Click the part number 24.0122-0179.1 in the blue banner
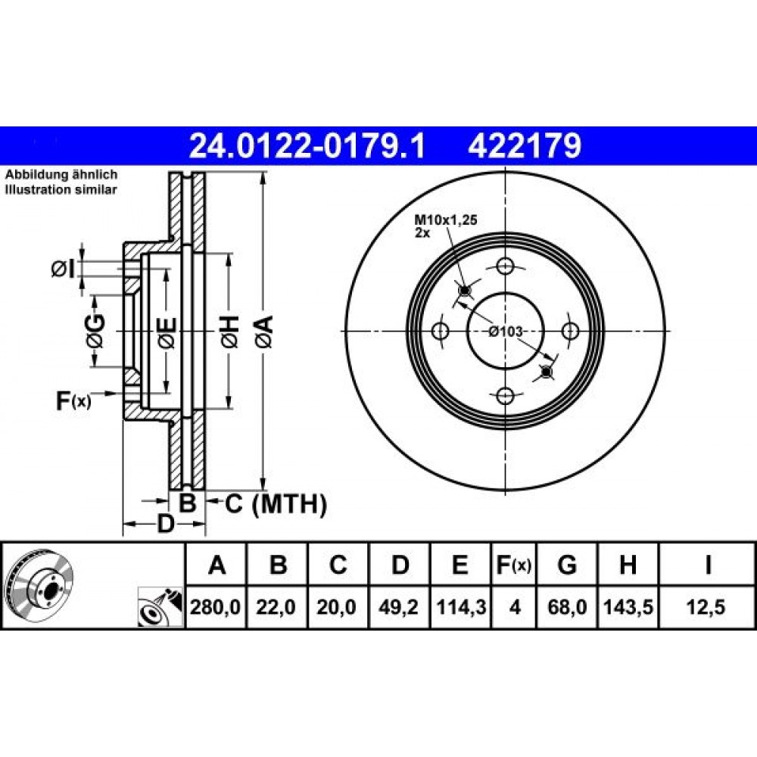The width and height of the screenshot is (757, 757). coord(307,146)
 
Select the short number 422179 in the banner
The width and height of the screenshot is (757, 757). coord(525,146)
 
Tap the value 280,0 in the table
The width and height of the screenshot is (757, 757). coord(215,607)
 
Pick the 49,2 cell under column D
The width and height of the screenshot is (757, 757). coord(398,607)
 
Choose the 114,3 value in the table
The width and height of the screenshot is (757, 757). coord(460,607)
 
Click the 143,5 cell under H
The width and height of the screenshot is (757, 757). coord(628,607)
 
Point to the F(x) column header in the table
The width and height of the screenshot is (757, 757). coord(514,565)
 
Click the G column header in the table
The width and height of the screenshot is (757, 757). coord(567,565)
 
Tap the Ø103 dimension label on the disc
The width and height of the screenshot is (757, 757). coord(506,332)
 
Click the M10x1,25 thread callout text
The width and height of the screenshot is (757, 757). coord(446,220)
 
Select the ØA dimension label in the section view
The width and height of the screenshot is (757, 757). coord(264,332)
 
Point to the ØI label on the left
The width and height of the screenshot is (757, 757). coord(64,269)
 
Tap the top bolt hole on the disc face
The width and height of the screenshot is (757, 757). coord(505,266)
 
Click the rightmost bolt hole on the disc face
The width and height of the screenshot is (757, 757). coord(571,332)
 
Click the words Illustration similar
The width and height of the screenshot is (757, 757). coord(61,190)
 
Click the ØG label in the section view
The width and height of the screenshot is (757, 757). coord(95,332)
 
